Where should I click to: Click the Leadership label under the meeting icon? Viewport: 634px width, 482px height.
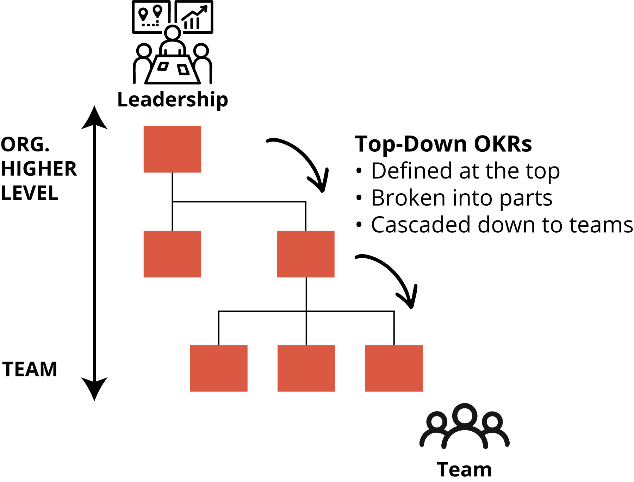173,100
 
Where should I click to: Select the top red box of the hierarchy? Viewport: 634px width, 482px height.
172,149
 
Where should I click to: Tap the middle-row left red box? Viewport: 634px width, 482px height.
172,254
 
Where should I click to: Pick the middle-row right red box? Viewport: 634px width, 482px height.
306,254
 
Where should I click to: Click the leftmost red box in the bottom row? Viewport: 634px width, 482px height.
219,368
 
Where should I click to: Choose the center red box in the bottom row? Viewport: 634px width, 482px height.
306,368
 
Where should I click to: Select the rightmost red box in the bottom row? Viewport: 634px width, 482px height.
394,368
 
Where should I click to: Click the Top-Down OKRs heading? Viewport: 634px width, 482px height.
443,144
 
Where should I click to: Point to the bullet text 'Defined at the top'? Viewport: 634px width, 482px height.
465,171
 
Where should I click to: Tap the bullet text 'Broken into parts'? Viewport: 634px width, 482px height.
461,198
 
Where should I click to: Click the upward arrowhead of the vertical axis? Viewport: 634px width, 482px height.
94,118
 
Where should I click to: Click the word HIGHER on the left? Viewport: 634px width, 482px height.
39,169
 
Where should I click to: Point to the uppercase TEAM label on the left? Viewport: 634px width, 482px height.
30,369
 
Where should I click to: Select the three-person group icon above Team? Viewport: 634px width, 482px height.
464,426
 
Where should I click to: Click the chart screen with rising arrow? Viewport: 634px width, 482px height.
194,17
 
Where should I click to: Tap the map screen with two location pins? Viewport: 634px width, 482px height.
151,17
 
